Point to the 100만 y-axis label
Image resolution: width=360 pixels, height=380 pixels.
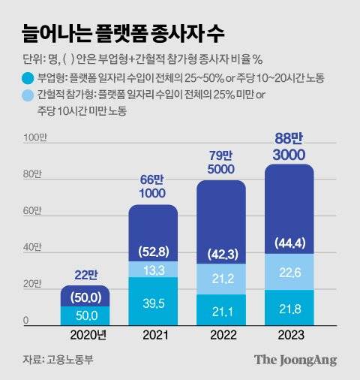pyautogui.click(x=34, y=137)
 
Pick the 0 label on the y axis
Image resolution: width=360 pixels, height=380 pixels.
pyautogui.click(x=25, y=321)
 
